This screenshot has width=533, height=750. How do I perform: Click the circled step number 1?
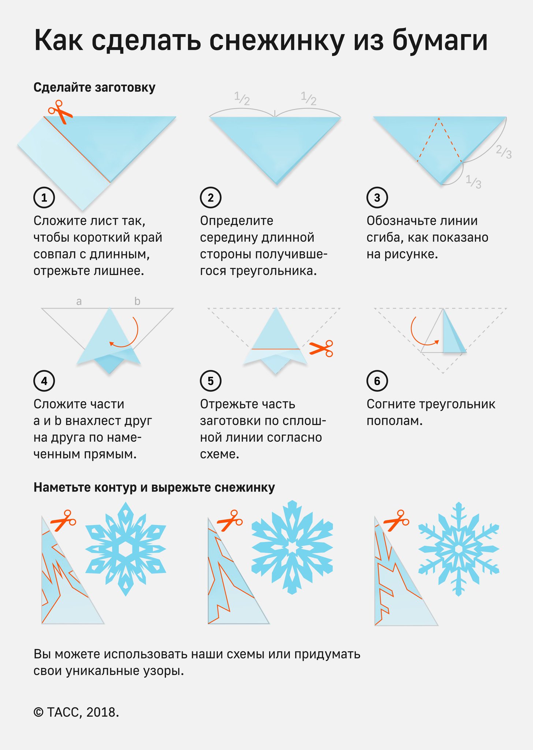[44, 198]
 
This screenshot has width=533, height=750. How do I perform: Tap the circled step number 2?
[210, 198]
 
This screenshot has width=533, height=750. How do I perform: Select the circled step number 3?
[377, 198]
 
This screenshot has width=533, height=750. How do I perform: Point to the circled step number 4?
[44, 381]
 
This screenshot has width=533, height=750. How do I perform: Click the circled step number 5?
[210, 381]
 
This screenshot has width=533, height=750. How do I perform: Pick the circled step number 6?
[377, 381]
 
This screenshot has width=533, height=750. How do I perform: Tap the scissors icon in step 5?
[321, 348]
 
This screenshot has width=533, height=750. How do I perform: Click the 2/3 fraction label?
[504, 151]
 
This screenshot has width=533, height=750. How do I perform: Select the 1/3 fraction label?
[473, 181]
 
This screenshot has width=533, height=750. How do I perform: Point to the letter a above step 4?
[79, 301]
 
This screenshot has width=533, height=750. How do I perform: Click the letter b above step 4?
[137, 301]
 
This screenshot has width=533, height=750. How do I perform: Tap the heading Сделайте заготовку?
[94, 88]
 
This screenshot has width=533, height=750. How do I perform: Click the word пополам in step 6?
[395, 421]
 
